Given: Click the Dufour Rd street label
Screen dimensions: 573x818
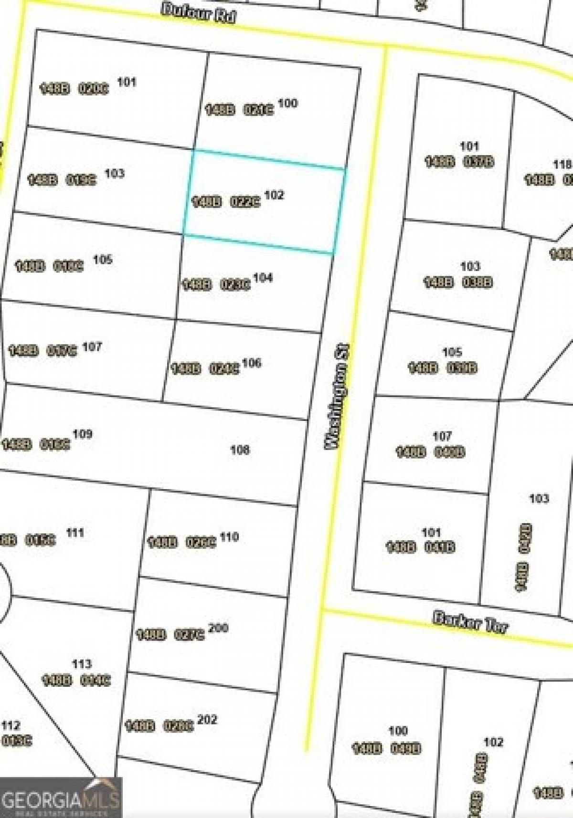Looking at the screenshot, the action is point(199,13).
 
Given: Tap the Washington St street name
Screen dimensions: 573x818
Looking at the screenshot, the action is point(338,396).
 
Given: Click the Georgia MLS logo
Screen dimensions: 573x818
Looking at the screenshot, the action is point(61,797).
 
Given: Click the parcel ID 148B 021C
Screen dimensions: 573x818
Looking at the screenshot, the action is point(239,110).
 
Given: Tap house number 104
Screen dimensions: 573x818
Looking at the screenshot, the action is point(263,277).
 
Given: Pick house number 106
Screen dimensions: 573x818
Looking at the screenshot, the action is point(252,363).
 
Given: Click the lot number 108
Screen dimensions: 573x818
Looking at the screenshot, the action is point(240,450).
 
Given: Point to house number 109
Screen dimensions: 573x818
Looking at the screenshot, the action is point(83,434).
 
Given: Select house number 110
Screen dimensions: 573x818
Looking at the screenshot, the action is point(229,537).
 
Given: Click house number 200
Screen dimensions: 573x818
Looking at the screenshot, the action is point(218,628).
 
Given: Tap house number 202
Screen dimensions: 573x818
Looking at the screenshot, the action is point(207,719).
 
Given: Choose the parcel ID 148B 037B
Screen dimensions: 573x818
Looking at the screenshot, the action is point(459,162).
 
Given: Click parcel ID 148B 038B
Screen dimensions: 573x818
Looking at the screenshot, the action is point(458,282).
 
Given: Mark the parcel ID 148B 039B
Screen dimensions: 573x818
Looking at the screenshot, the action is point(442,368).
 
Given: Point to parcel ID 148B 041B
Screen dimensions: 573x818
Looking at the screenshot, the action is point(420,546).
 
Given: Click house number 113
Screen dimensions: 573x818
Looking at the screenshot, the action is point(82,664).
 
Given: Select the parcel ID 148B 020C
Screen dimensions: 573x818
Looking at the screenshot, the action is point(74,88).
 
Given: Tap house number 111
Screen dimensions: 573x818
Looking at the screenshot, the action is point(75,532).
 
